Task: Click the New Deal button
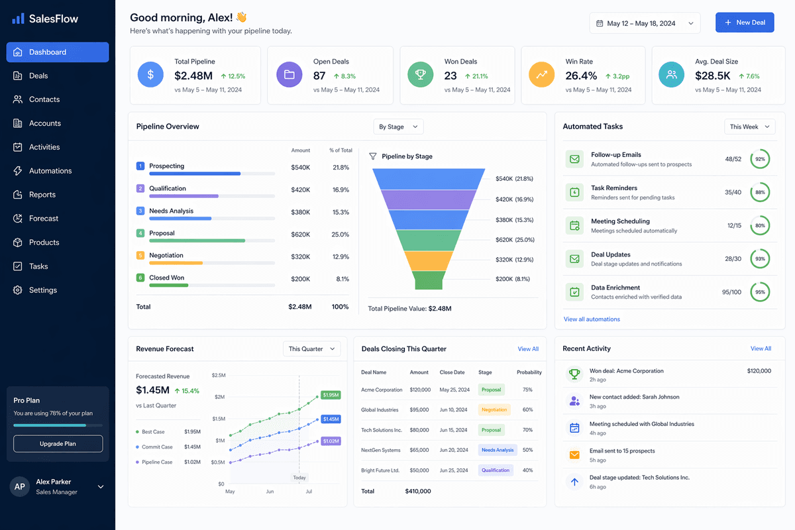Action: point(744,23)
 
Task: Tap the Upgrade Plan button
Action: point(58,444)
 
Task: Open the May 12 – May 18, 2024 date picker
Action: point(645,23)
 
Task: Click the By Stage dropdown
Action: point(398,127)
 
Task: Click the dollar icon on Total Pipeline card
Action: point(150,75)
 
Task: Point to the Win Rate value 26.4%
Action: point(581,76)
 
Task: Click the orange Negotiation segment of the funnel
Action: point(429,261)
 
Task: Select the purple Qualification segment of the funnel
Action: point(429,199)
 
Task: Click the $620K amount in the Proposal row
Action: point(300,235)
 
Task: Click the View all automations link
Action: point(592,319)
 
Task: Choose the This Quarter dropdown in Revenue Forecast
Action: point(311,349)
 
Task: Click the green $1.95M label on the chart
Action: point(331,395)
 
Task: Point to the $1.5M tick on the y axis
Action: point(219,419)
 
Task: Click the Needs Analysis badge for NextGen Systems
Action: point(498,450)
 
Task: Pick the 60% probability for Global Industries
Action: point(527,409)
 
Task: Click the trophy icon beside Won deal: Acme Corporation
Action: point(574,374)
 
